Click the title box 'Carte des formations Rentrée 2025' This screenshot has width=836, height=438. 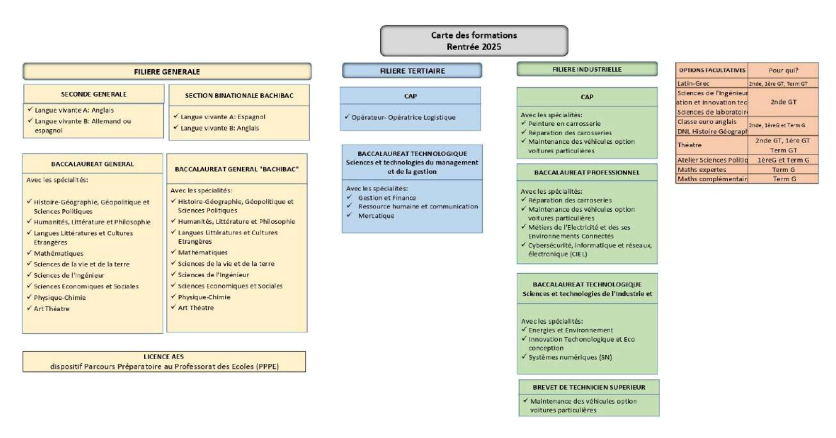tap(474, 41)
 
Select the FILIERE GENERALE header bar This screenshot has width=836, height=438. tap(166, 72)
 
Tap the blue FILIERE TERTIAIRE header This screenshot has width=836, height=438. tap(412, 71)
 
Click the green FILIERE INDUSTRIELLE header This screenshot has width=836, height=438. tap(587, 69)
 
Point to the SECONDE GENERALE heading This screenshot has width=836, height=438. tap(93, 94)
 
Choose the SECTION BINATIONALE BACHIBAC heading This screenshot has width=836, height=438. tap(239, 95)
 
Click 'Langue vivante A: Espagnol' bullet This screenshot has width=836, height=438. tap(223, 117)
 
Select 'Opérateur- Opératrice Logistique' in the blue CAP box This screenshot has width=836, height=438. tap(403, 117)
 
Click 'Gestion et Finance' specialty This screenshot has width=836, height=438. tap(387, 198)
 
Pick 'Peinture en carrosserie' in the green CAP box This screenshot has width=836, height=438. tap(564, 124)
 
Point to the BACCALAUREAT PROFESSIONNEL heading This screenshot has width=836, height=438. tap(587, 173)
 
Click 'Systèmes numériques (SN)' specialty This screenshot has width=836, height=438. tap(570, 357)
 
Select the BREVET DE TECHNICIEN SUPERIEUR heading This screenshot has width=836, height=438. tap(589, 387)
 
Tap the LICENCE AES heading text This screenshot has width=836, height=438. tap(163, 357)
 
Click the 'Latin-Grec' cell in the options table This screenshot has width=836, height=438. tap(693, 83)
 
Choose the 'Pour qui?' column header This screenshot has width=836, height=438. tap(783, 70)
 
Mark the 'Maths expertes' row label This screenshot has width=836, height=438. tap(701, 170)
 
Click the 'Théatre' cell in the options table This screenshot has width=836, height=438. tap(690, 145)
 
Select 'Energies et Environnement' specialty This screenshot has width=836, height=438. tap(570, 330)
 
